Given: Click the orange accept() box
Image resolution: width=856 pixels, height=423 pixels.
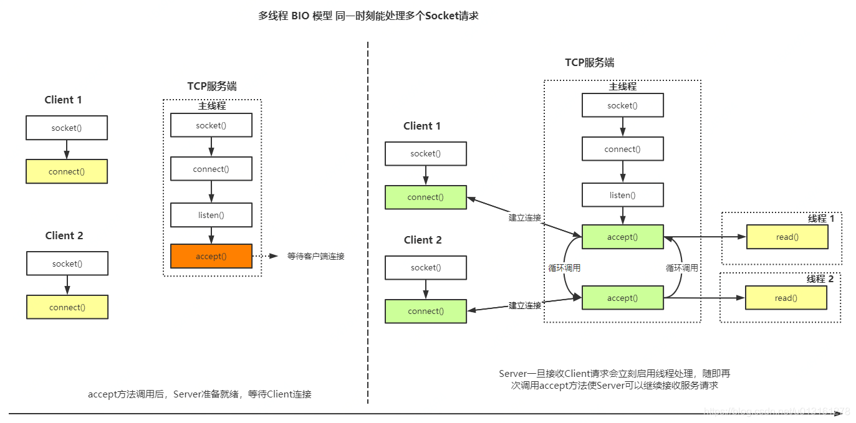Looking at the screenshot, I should pyautogui.click(x=211, y=256).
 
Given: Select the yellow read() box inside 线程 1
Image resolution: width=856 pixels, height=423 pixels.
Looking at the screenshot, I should pyautogui.click(x=787, y=237).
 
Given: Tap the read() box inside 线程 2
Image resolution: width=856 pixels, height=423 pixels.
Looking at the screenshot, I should pyautogui.click(x=786, y=298).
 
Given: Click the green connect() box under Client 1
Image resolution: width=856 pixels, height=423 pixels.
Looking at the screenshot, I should pyautogui.click(x=425, y=197).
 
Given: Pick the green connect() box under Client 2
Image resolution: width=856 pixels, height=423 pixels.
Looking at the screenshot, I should pyautogui.click(x=425, y=311).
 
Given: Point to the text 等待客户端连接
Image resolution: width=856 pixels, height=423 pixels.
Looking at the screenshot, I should pyautogui.click(x=315, y=256).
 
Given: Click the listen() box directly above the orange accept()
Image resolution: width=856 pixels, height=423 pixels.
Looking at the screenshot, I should pyautogui.click(x=211, y=215).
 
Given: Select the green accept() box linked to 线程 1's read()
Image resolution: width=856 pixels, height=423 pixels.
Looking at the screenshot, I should pyautogui.click(x=622, y=237).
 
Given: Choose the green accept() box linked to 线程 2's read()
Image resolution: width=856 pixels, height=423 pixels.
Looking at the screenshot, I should pyautogui.click(x=622, y=298).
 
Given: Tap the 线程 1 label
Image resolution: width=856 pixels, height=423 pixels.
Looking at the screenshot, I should pyautogui.click(x=820, y=219).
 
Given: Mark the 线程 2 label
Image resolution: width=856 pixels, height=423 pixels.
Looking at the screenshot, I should pyautogui.click(x=819, y=279).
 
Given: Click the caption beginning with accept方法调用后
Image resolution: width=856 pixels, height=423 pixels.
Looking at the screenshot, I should pyautogui.click(x=200, y=394).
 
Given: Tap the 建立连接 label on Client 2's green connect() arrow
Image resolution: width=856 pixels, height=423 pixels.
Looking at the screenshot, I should pyautogui.click(x=524, y=305).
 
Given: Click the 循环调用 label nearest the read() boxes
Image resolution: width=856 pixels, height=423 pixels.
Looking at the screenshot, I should pyautogui.click(x=681, y=268).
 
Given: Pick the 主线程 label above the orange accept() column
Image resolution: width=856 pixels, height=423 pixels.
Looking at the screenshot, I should pyautogui.click(x=212, y=106).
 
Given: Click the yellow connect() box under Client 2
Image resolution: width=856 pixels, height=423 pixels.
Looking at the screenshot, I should pyautogui.click(x=67, y=307).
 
